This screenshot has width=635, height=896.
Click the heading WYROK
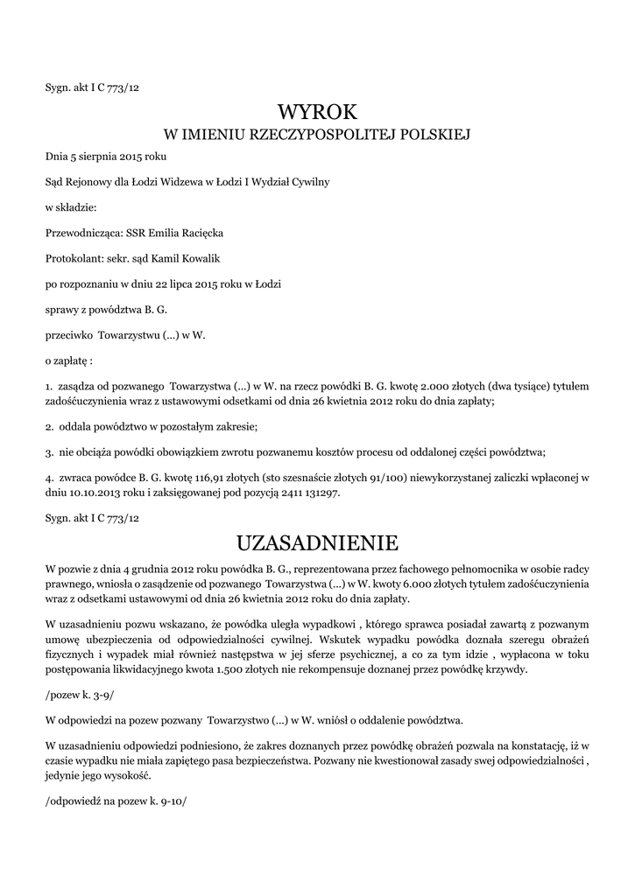tap(317, 111)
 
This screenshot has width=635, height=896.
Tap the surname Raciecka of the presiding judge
tap(201, 234)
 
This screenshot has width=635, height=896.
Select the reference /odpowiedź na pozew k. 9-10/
tap(116, 800)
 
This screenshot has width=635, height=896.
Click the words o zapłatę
tap(68, 360)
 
